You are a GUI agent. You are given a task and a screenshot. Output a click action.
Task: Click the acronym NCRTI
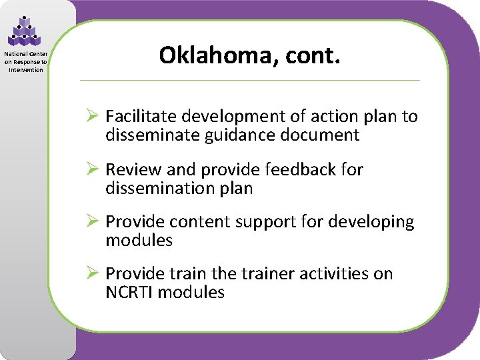[131, 293]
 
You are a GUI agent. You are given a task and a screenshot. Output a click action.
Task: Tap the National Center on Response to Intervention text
[25, 62]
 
